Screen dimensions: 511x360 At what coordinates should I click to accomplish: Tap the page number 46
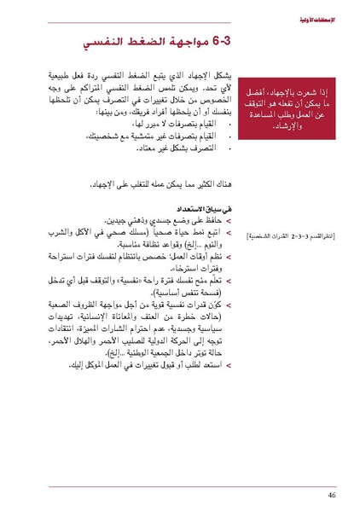pyautogui.click(x=330, y=493)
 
